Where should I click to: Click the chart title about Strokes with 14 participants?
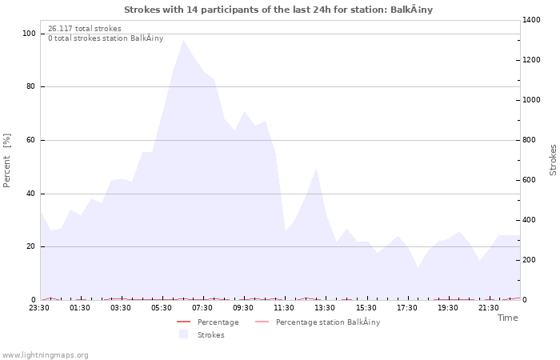[278, 10]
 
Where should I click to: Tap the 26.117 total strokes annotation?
[85, 29]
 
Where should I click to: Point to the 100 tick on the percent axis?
[29, 34]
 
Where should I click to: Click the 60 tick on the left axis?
[30, 140]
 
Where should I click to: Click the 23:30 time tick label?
[40, 307]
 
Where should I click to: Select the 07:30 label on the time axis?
[203, 307]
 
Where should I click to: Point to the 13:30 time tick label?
[325, 307]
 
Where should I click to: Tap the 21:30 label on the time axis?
[488, 307]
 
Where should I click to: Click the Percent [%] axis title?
[8, 161]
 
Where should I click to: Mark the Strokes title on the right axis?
[553, 160]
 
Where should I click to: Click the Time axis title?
[507, 318]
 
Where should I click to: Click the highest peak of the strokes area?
[183, 41]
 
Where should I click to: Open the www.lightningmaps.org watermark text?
[46, 354]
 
